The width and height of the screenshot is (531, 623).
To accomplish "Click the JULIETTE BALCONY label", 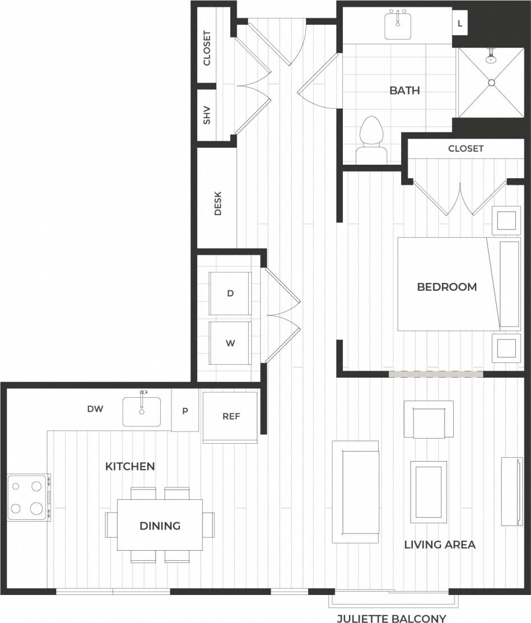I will pos(391,619).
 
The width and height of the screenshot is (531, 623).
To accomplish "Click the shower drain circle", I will pos(491,82).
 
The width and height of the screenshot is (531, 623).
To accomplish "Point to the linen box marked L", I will pos(460,24).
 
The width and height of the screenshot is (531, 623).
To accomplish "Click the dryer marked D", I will pos(230,294).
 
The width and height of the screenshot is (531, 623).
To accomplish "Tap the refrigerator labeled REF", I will pos(231,417).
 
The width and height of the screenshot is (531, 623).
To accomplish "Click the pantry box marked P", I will pos(185,411).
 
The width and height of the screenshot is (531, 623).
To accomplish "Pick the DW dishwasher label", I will pos(95,409).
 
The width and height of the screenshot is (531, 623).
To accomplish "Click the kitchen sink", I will pos(142,412).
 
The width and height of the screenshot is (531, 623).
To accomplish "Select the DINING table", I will pos(160,526).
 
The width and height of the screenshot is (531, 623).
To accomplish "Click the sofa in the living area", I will pos(355,491).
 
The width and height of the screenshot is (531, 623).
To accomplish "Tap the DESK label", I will pos(218,204).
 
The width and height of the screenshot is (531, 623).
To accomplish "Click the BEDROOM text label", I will pos(446,287).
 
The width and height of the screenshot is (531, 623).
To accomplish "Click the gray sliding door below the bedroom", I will pos(436,373).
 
